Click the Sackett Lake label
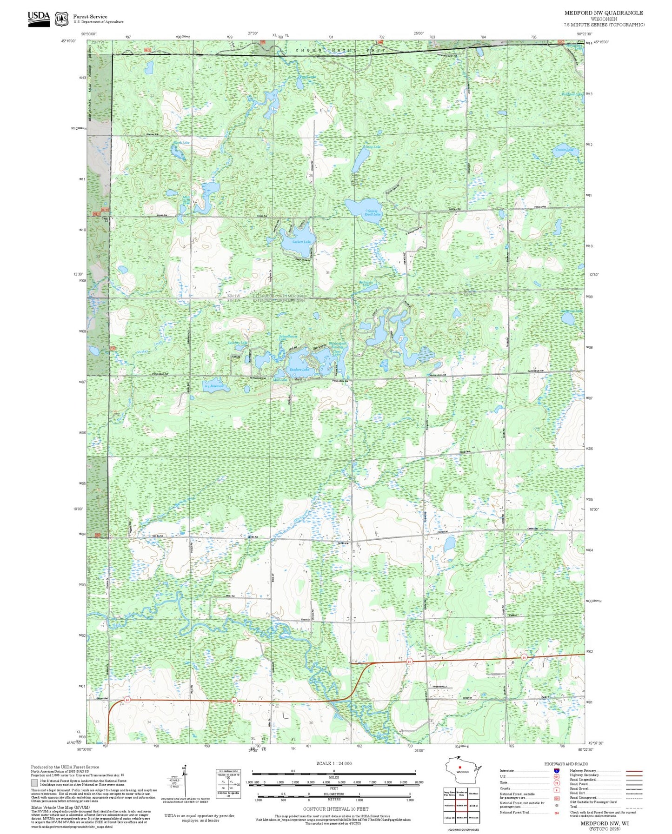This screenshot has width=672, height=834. pyautogui.click(x=301, y=242)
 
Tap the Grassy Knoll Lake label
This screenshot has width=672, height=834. pyautogui.click(x=373, y=213)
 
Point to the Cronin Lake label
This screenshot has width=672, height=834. pyautogui.click(x=565, y=150)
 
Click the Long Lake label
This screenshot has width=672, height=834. pyautogui.click(x=373, y=147)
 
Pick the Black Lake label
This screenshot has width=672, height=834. pyautogui.click(x=181, y=143)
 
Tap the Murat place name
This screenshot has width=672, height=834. pyautogui.click(x=299, y=379)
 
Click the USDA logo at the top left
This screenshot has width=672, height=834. pyautogui.click(x=39, y=18)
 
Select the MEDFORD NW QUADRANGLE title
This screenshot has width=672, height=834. pyautogui.click(x=604, y=13)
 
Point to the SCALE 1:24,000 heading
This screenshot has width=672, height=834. pyautogui.click(x=334, y=763)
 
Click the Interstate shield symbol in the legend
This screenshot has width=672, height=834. pyautogui.click(x=557, y=771)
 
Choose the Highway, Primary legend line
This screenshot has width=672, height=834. pyautogui.click(x=634, y=771)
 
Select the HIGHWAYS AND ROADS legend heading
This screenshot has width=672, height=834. pyautogui.click(x=566, y=764)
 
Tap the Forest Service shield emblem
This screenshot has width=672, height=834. pyautogui.click(x=61, y=19)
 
